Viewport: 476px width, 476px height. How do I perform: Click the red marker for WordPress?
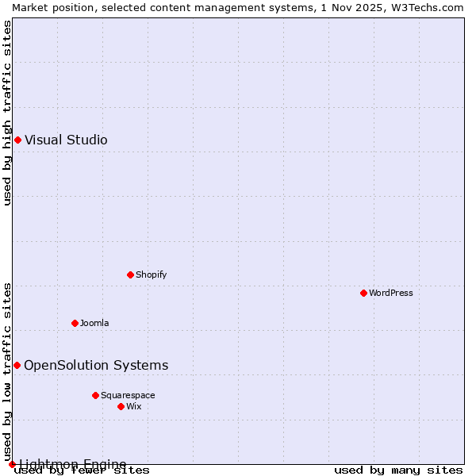pos(363,293)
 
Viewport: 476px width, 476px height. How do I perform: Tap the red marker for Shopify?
pos(130,274)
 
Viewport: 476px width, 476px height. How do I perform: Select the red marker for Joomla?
pos(75,323)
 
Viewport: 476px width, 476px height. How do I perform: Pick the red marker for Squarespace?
pos(95,395)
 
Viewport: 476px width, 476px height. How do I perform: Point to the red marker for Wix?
pos(121,406)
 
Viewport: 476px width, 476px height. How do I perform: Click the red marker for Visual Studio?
pos(17,140)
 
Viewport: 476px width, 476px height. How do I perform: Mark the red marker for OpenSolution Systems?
pos(17,365)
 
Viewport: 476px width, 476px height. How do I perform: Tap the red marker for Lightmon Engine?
pos(12,464)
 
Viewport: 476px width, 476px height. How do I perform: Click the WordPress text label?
pos(391,293)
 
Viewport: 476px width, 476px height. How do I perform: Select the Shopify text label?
pos(151,274)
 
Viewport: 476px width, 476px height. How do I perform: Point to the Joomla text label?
pos(94,323)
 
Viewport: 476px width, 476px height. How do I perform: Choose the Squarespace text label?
pos(128,395)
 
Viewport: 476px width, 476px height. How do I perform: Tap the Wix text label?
pos(133,406)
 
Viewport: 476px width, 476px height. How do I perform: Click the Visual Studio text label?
pos(66,140)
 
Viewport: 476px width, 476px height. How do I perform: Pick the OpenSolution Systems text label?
pos(96,365)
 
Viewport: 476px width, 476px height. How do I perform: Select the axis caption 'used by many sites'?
pos(398,470)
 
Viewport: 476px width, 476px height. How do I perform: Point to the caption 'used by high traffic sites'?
pos(8,113)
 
